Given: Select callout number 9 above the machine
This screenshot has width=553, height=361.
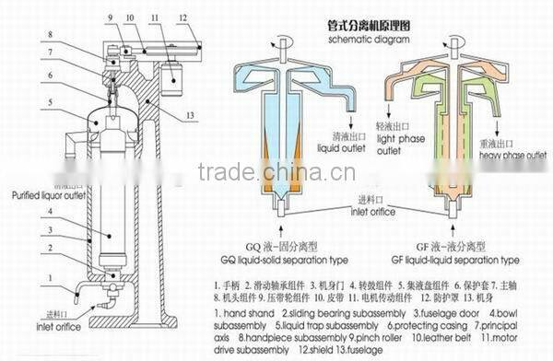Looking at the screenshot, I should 108,16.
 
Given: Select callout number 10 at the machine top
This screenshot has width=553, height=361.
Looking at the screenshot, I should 128,16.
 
